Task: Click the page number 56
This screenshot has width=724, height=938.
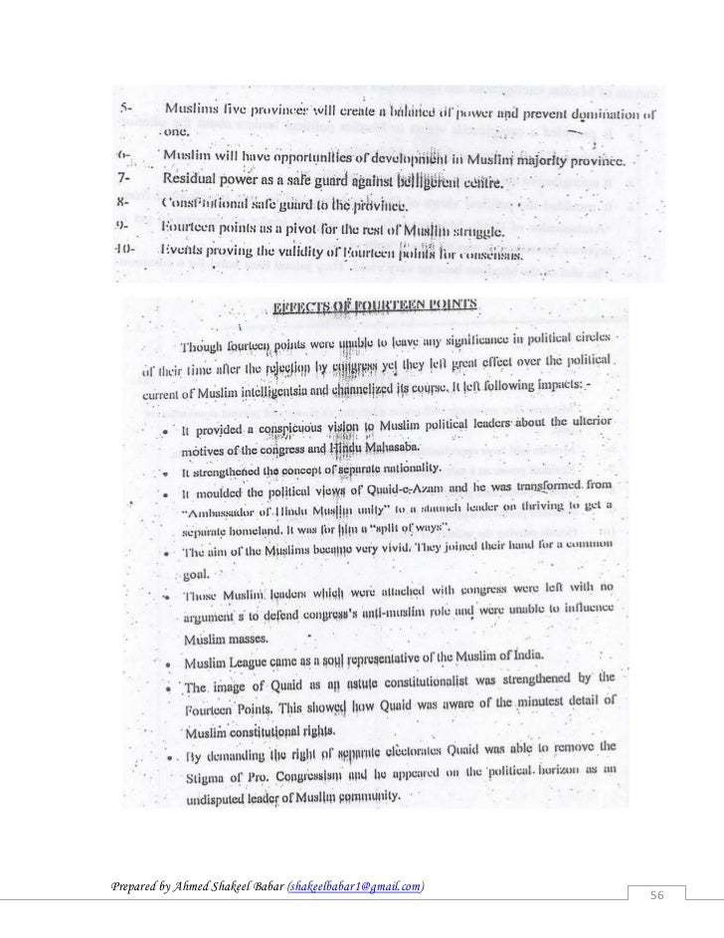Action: (657, 897)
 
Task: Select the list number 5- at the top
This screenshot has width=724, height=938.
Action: (126, 106)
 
